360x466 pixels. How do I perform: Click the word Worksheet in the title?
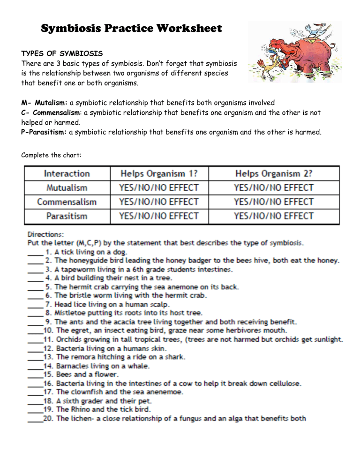click(186, 29)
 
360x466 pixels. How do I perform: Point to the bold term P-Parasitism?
click(44, 132)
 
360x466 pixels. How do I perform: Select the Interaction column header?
click(67, 173)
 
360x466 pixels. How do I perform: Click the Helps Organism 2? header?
click(274, 173)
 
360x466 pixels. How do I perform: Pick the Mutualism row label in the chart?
click(67, 188)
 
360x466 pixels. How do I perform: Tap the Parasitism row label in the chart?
click(67, 216)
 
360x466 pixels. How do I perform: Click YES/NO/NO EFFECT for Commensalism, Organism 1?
click(159, 202)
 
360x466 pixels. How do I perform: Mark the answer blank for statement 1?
click(35, 252)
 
